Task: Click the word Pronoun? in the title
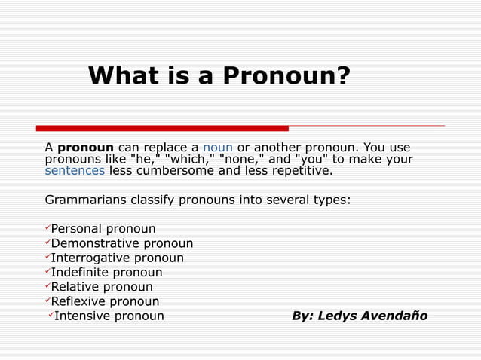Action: pos(295,76)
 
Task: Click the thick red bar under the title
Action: pos(162,128)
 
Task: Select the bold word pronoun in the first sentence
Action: pos(85,147)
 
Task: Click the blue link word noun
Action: pos(218,147)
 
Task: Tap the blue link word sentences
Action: pos(75,170)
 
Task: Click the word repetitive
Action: pos(296,170)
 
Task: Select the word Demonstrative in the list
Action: pos(95,243)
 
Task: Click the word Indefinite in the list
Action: pos(79,272)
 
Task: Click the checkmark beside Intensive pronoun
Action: pos(50,315)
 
